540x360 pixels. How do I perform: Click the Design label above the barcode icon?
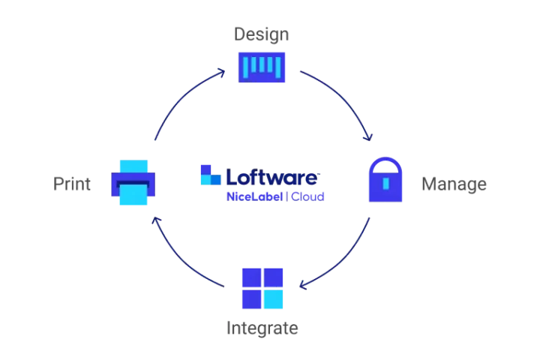coord(262,34)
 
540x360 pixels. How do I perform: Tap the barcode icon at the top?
coord(262,67)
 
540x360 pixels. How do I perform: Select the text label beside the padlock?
coord(455,184)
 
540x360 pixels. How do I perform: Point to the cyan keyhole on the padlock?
coord(386,182)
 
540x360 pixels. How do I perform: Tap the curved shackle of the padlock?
coord(386,163)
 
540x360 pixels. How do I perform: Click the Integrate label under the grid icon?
coord(260,328)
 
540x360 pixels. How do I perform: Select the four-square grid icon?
coord(263,288)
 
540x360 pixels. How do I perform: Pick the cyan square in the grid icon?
coord(274,299)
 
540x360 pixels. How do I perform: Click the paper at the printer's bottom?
coord(134,196)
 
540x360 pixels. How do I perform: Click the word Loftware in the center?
coord(273,177)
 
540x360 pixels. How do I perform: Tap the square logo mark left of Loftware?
coord(209,174)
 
